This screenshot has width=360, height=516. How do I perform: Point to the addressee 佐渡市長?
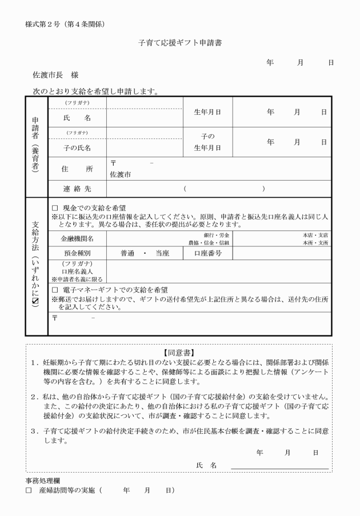48,75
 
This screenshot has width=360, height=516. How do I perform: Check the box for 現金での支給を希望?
55,208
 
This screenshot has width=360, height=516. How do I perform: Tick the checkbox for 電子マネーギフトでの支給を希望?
55,290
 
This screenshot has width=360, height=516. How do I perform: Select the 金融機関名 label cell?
77,238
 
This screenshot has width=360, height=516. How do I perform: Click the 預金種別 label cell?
77,253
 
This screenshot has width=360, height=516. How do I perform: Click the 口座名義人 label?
77,271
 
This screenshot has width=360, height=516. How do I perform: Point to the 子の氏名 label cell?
77,148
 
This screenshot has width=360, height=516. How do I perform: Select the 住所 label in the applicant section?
77,169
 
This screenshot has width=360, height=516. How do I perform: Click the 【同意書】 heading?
179,353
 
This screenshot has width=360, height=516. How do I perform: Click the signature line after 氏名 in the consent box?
279,467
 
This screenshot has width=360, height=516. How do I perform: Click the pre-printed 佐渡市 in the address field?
121,174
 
